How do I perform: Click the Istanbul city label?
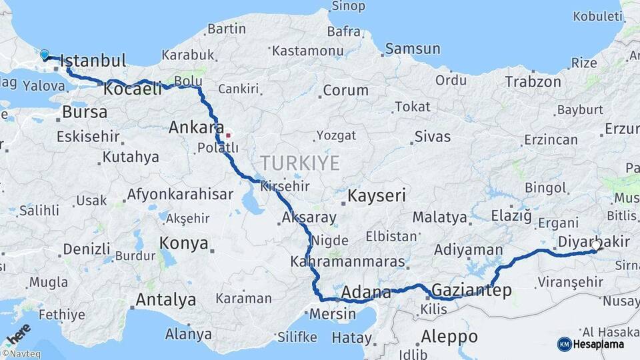coord(95,61)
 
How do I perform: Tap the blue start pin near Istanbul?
coord(45,54)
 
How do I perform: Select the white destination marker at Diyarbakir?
coord(595,245)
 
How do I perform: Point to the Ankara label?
coord(196,127)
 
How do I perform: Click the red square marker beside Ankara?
coord(228,135)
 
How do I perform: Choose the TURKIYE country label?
coord(300,163)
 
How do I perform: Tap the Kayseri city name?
coord(377,197)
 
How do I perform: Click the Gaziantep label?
coord(471,290)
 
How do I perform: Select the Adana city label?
coord(366,292)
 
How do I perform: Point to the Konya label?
coord(184,243)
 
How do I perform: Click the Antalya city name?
coord(165,300)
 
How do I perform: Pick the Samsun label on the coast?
coord(413,49)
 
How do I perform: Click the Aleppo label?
coord(449,335)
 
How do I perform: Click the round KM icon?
coord(564,344)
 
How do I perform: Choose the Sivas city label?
coord(432,137)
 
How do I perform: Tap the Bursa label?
coord(85,112)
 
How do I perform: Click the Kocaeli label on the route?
coord(133,89)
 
